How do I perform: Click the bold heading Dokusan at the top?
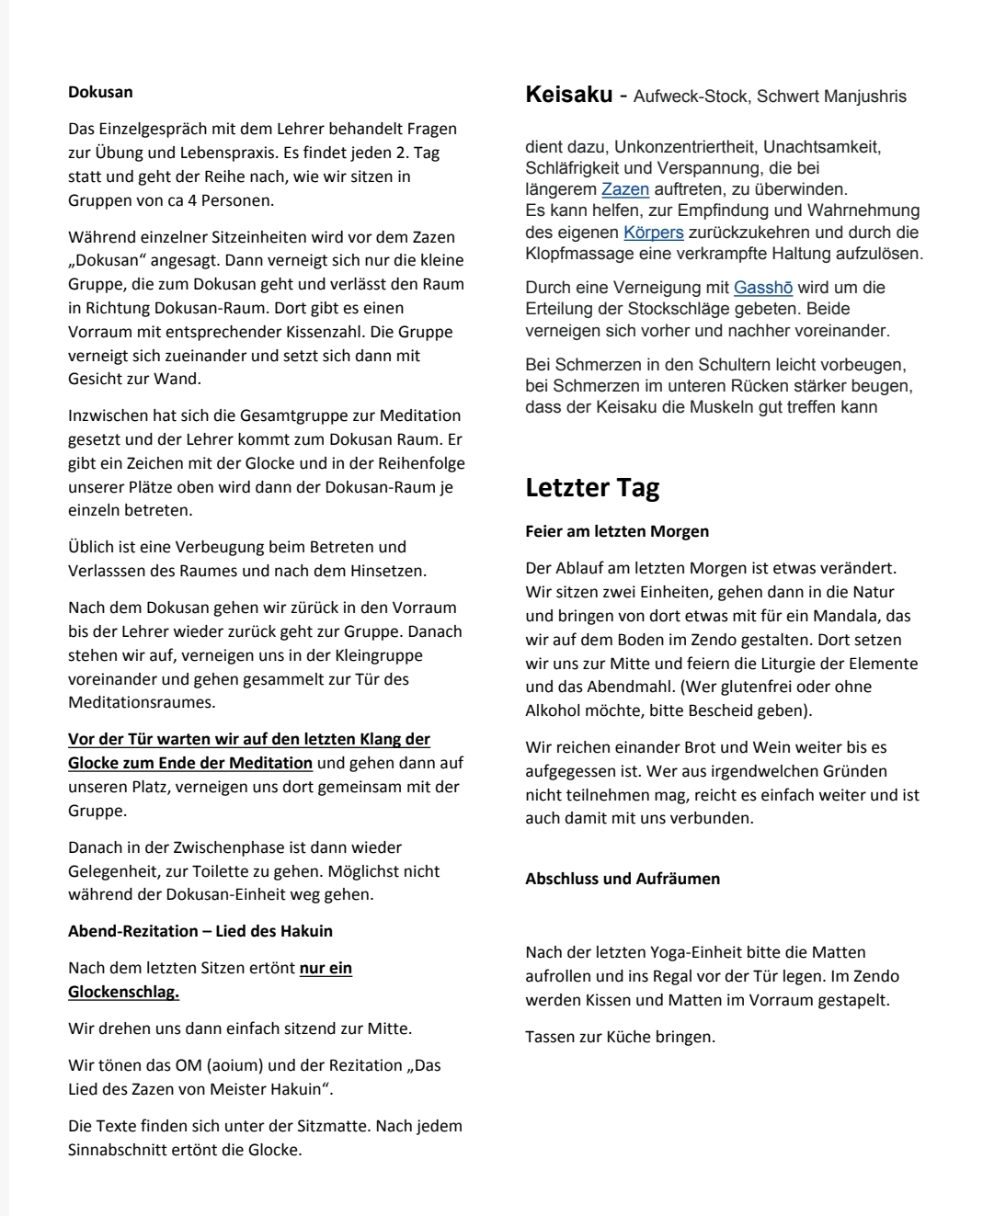coord(100,92)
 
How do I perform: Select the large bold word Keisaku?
coord(568,95)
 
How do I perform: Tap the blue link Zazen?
coord(625,189)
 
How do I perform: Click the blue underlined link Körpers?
coord(653,233)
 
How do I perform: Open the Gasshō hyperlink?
coord(763,288)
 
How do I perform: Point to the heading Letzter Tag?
coord(592,487)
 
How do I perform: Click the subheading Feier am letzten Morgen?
coord(617,531)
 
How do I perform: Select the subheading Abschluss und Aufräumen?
coord(623,879)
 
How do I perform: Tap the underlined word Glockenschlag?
coord(123,992)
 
